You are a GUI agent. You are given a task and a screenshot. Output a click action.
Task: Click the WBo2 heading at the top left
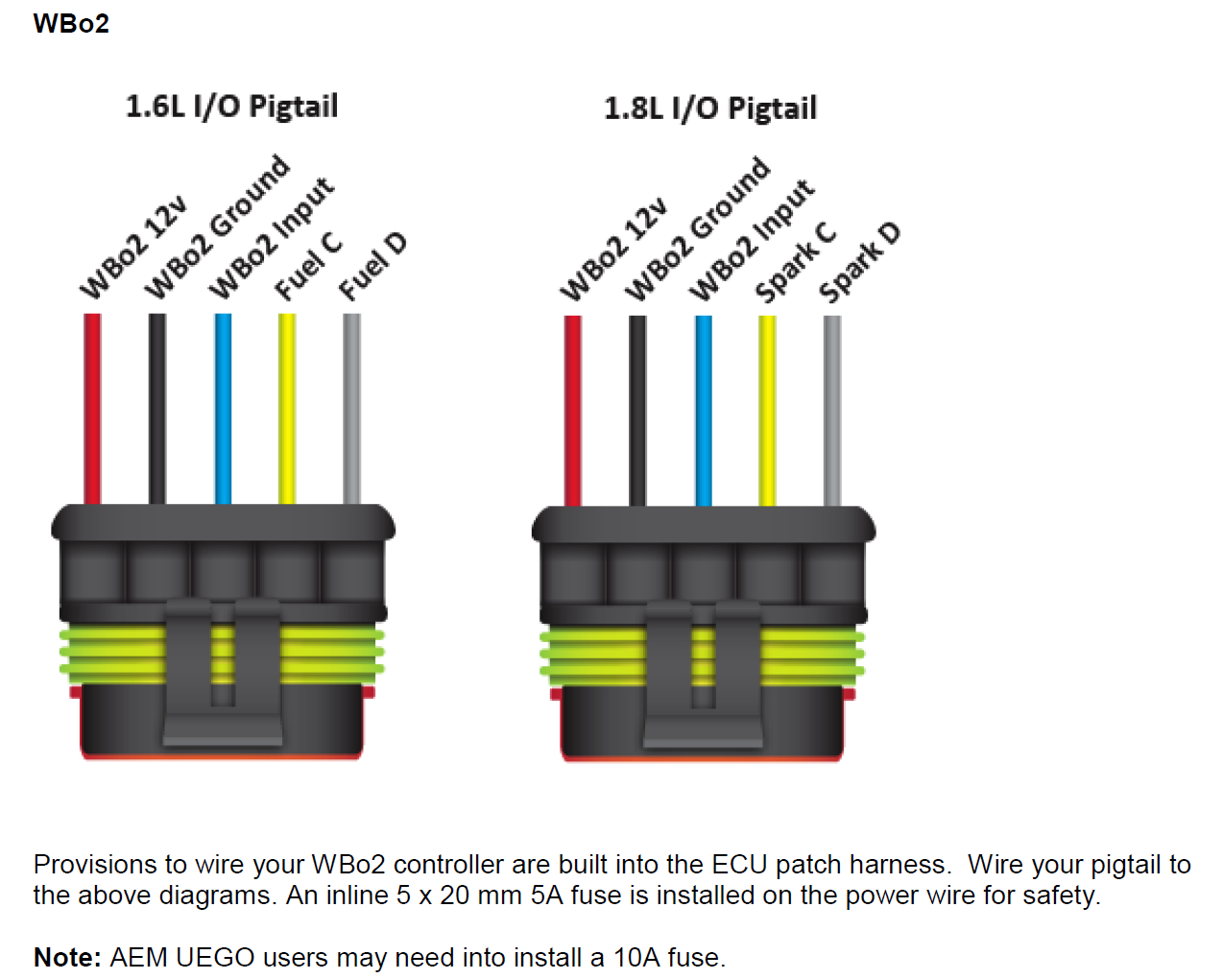point(71,24)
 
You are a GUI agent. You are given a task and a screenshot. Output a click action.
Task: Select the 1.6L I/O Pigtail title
point(231,106)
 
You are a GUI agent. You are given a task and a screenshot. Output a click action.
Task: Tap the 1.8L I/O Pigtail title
point(709,107)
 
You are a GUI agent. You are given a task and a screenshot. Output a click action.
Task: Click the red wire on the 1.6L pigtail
point(92,408)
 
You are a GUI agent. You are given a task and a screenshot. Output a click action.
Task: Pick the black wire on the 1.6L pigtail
point(157,408)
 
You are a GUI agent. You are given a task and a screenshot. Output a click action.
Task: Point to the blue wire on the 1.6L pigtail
point(223,408)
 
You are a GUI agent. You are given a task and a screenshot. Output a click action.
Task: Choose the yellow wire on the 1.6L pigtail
point(287,408)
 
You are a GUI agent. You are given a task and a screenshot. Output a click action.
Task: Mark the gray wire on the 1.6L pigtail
point(352,408)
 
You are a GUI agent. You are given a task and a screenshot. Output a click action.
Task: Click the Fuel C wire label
point(308,266)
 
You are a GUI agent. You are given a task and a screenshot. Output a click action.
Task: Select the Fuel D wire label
point(373,266)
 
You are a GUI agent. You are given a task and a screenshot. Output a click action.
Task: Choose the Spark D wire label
point(860,262)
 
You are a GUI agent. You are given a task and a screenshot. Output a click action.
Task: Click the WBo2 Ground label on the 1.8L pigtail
point(698,228)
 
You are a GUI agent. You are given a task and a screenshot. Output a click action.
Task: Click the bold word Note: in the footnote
point(67,957)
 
